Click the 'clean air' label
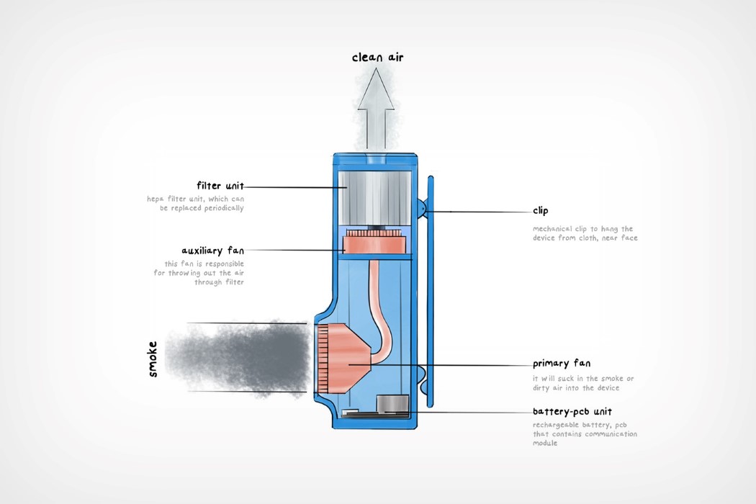[377, 57]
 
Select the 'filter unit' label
[220, 185]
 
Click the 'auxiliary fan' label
[213, 251]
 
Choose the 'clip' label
[540, 211]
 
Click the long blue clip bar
[431, 288]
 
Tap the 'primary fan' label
[562, 364]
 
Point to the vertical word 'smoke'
[152, 358]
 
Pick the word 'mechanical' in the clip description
[554, 228]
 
